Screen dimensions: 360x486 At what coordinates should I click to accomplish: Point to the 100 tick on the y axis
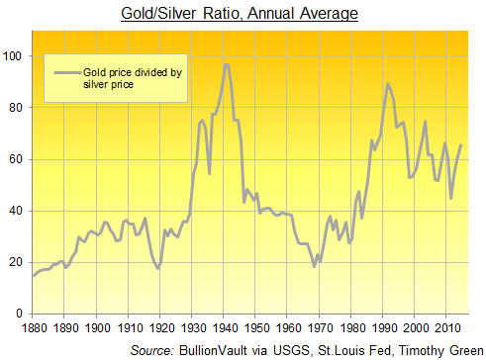click(x=14, y=56)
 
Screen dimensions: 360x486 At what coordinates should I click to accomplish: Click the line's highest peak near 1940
click(x=227, y=64)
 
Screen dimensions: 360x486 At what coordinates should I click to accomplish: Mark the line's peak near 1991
click(x=388, y=84)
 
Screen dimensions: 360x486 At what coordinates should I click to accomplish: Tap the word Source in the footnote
click(x=153, y=349)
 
